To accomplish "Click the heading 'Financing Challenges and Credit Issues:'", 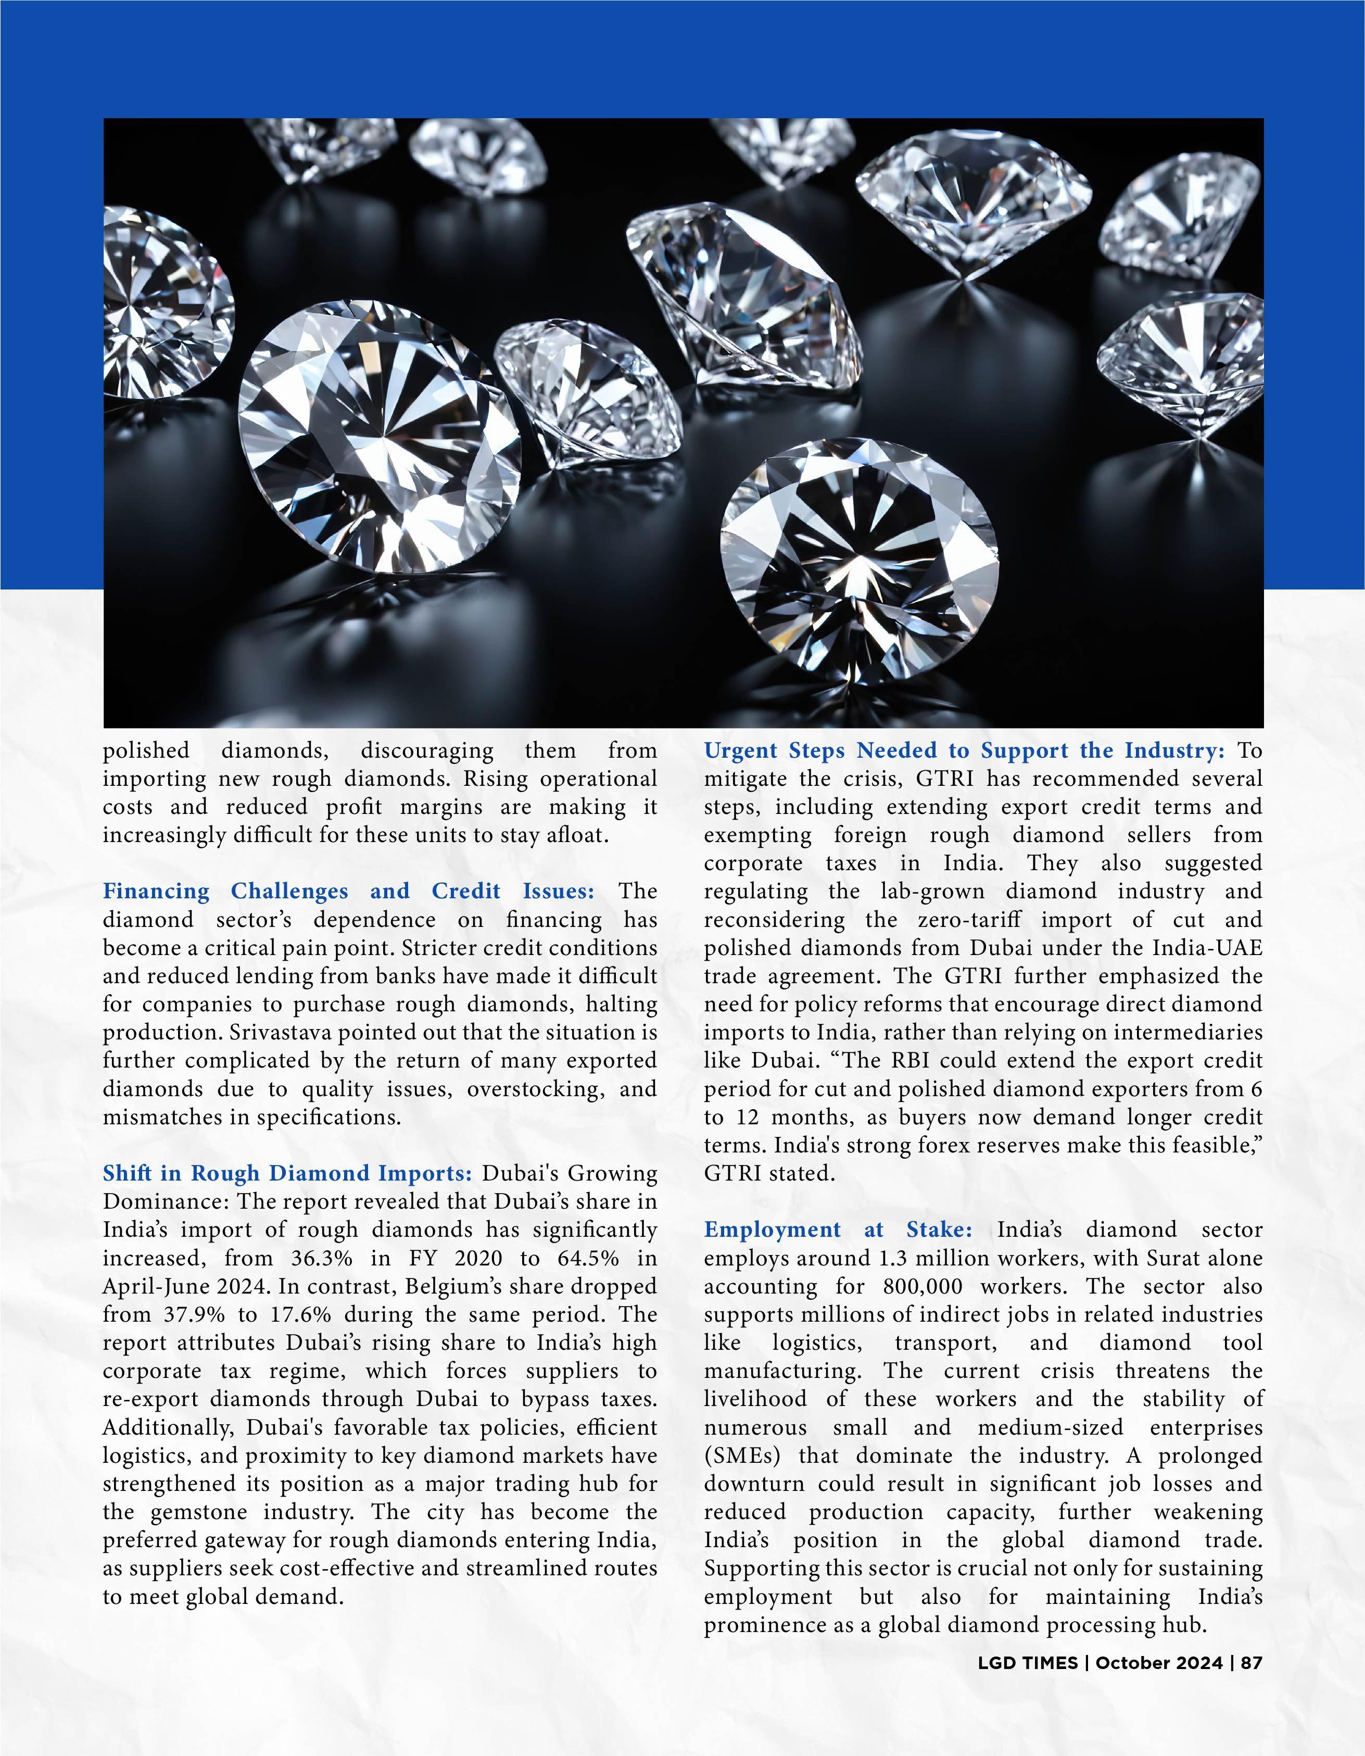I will [x=348, y=891].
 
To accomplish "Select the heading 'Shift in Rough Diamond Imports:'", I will [x=287, y=1173].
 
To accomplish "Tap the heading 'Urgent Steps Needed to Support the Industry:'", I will [x=964, y=750].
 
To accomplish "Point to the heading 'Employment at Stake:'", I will [x=838, y=1230].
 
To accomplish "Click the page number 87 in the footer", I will [x=1252, y=1663].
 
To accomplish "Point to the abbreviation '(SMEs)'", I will [x=739, y=1456].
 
